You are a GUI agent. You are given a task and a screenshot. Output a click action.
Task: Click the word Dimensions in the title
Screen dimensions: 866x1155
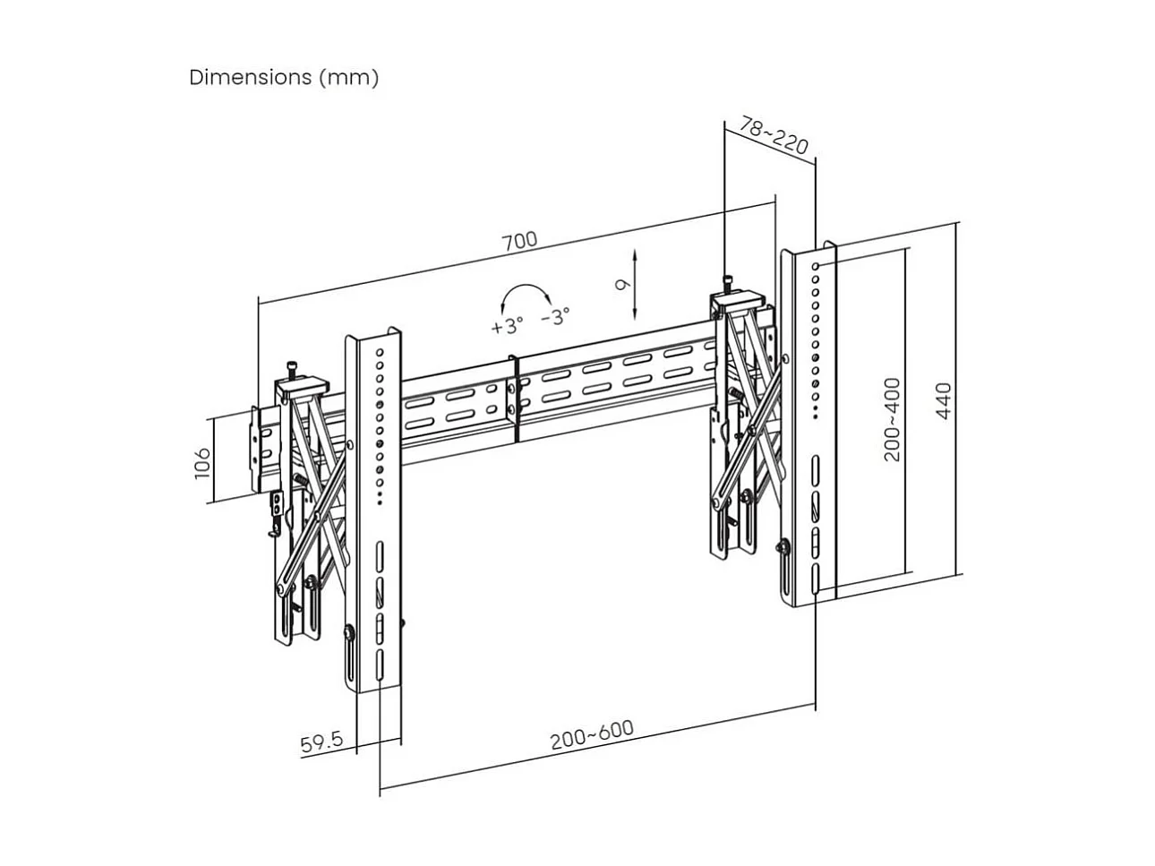[x=250, y=77]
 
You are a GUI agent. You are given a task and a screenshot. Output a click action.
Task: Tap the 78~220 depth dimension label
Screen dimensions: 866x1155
[x=774, y=134]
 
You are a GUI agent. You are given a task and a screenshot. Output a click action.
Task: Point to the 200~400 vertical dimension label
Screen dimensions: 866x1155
[x=892, y=419]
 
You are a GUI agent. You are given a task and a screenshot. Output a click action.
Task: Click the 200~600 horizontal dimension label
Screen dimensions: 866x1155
[x=591, y=734]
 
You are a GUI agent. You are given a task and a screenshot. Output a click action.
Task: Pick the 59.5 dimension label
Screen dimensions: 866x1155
[x=321, y=742]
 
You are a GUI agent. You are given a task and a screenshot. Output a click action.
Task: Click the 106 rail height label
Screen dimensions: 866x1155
[x=203, y=463]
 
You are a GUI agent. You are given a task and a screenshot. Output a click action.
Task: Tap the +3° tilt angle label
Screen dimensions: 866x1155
[x=507, y=325]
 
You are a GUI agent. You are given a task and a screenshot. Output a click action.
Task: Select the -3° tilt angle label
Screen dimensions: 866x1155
[x=555, y=316]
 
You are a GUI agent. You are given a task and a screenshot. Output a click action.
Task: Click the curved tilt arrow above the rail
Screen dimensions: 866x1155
[x=526, y=296]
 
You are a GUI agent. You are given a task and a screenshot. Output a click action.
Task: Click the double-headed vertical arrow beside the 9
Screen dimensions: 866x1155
[x=635, y=285]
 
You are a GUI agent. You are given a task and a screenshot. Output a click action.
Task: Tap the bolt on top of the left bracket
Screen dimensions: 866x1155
[x=291, y=370]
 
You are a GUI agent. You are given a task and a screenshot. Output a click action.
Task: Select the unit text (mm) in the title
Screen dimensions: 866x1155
[x=348, y=77]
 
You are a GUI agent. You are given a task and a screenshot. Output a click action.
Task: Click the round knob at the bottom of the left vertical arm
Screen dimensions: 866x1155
[x=347, y=634]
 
